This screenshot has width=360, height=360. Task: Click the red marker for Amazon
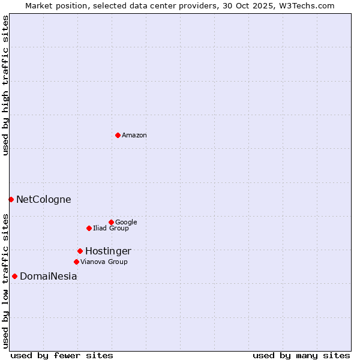click(118, 135)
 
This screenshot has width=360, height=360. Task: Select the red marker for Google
click(111, 222)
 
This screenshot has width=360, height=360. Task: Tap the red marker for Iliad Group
click(89, 228)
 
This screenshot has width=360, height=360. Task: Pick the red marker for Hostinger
click(80, 251)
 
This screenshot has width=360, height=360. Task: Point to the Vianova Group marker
click(76, 262)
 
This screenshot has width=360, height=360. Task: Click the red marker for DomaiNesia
click(14, 276)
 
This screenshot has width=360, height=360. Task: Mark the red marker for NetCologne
click(11, 199)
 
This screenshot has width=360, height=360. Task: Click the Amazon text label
click(134, 136)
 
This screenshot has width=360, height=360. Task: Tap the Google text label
click(126, 223)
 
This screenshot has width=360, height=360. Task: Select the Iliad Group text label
click(111, 229)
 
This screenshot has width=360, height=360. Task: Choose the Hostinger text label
click(108, 251)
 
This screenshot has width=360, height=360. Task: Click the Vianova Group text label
click(104, 262)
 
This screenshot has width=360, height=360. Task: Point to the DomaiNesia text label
click(49, 277)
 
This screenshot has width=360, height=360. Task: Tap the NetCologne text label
click(44, 200)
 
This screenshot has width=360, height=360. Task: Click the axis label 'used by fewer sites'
click(62, 355)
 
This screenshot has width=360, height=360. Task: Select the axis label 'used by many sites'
click(301, 355)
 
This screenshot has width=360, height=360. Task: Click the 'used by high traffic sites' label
click(6, 85)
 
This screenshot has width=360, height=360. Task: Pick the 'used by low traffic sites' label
click(6, 280)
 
